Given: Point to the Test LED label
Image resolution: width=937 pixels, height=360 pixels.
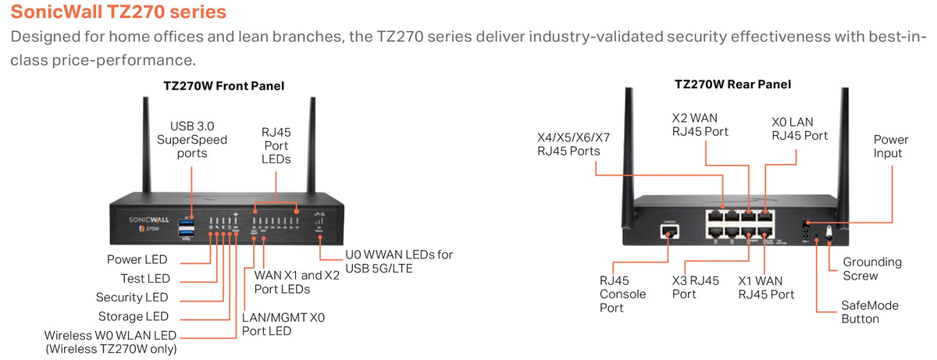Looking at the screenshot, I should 145,278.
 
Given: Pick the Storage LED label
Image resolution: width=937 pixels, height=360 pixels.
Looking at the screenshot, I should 134,316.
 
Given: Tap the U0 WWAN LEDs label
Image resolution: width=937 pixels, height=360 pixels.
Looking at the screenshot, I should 399,262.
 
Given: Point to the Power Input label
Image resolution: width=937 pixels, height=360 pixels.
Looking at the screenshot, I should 891,146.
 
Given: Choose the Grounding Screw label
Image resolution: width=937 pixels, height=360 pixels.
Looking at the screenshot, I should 872,269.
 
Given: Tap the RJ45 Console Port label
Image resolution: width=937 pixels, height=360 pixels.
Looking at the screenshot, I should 622,294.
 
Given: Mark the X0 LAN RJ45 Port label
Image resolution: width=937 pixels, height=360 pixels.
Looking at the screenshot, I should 800,129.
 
